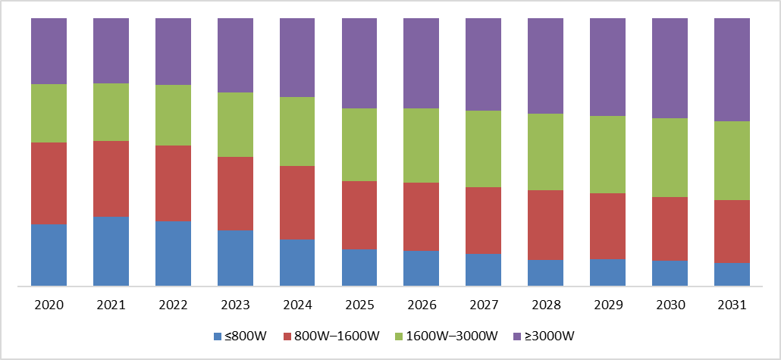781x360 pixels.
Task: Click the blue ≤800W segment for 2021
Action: tap(111, 251)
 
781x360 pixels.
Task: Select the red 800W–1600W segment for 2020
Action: tap(49, 183)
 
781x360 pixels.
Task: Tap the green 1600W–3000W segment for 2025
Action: tap(359, 145)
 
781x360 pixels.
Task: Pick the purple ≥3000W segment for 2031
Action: tap(732, 70)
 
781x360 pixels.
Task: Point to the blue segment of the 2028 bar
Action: tap(546, 273)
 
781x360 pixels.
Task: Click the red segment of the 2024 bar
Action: tap(297, 202)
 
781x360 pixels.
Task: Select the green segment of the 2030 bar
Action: tap(670, 158)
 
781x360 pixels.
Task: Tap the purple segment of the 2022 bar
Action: tap(174, 52)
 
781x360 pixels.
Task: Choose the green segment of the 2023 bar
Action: tap(235, 124)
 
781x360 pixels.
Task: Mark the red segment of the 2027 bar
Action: tap(484, 221)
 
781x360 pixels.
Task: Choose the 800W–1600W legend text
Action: tap(337, 336)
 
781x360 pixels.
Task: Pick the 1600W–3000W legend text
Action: tap(452, 336)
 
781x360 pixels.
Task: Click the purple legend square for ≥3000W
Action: tap(516, 337)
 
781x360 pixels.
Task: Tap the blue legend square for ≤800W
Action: tap(218, 337)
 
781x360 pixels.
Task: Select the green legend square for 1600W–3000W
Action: tap(398, 337)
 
